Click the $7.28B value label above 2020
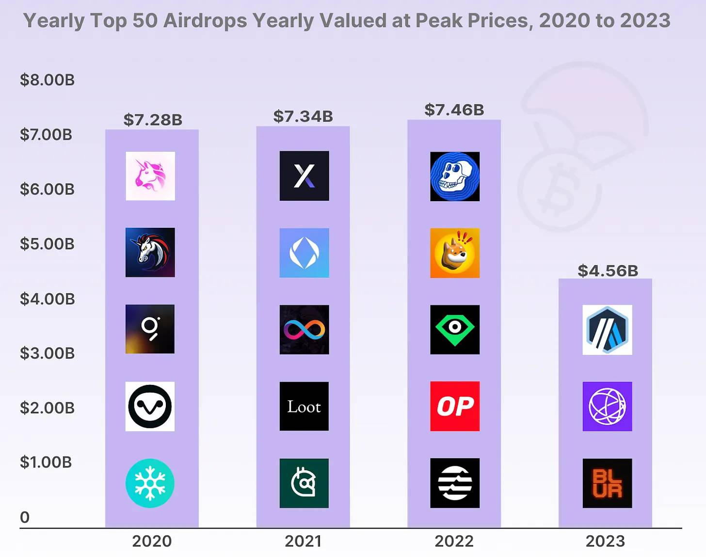pyautogui.click(x=153, y=120)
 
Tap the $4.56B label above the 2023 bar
pyautogui.click(x=608, y=271)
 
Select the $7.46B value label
pyautogui.click(x=454, y=110)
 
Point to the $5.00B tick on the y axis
pyautogui.click(x=47, y=244)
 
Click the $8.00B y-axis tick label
pyautogui.click(x=47, y=80)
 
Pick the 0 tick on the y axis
pyautogui.click(x=25, y=517)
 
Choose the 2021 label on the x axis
pyautogui.click(x=303, y=541)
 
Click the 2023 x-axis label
pyautogui.click(x=605, y=541)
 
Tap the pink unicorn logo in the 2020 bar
pyautogui.click(x=150, y=176)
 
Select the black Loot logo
pyautogui.click(x=304, y=406)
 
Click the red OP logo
pyautogui.click(x=455, y=406)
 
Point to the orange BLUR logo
pyautogui.click(x=607, y=483)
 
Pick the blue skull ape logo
pyautogui.click(x=455, y=176)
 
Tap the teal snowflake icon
pyautogui.click(x=150, y=483)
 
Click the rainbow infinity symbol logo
pyautogui.click(x=304, y=330)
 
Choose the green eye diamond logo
pyautogui.click(x=455, y=330)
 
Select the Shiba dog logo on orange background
pyautogui.click(x=455, y=253)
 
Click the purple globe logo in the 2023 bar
pyautogui.click(x=607, y=406)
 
